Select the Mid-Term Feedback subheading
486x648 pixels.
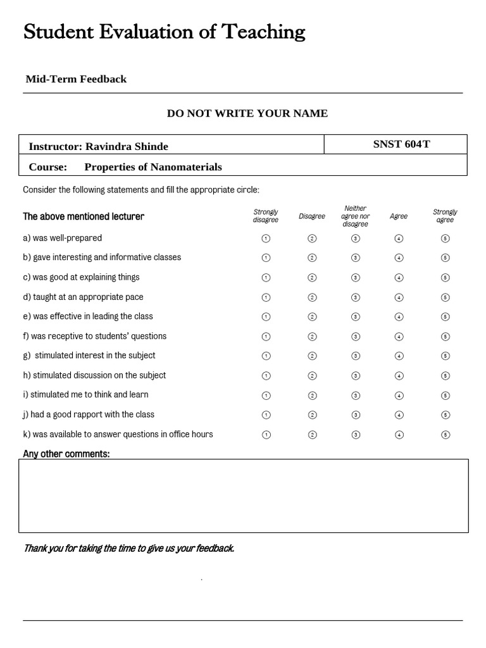(76, 79)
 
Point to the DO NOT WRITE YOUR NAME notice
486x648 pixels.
(247, 113)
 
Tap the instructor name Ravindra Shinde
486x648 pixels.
(127, 147)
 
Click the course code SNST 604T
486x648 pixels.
(401, 144)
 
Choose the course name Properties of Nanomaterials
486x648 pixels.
(153, 167)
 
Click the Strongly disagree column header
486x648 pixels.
(266, 216)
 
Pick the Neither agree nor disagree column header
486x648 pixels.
(356, 216)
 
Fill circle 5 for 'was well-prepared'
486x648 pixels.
(445, 239)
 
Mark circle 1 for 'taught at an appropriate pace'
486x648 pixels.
(266, 297)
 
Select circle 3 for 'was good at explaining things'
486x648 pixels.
(356, 278)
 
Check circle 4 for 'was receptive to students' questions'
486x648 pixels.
(399, 337)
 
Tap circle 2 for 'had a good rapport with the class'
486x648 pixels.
(312, 415)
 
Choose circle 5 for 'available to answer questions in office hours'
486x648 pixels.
(445, 435)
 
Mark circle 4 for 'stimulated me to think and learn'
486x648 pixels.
(399, 396)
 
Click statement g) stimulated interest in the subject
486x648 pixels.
(89, 356)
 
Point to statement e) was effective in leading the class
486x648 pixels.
(88, 316)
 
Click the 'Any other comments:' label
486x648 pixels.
(66, 454)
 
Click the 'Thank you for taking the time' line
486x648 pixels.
(128, 548)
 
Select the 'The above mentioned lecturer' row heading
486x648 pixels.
(84, 216)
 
